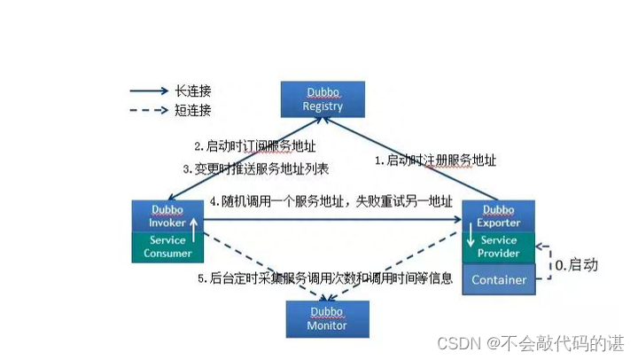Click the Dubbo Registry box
tap(322, 99)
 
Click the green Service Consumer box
tap(167, 247)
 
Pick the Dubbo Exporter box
tap(499, 215)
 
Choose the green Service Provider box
tap(499, 247)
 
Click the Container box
tap(499, 279)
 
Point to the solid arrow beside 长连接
tap(149, 90)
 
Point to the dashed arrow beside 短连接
tap(149, 111)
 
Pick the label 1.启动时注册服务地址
tap(435, 160)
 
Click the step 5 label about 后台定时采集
tap(326, 278)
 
